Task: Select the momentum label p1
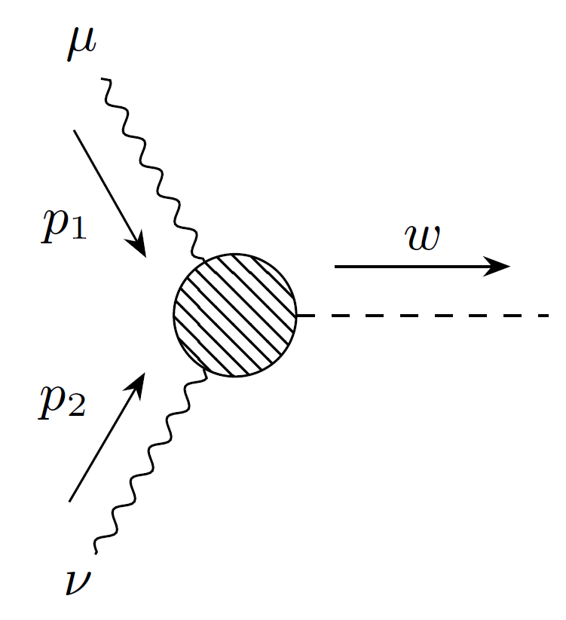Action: coord(64,225)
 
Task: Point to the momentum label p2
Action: coord(63,405)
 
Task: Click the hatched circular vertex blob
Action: coord(234,315)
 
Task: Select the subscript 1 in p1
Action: coord(78,231)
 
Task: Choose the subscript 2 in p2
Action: coord(78,411)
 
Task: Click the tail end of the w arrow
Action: coord(335,266)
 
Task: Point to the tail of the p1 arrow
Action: coord(74,131)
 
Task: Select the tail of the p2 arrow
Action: coord(69,500)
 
